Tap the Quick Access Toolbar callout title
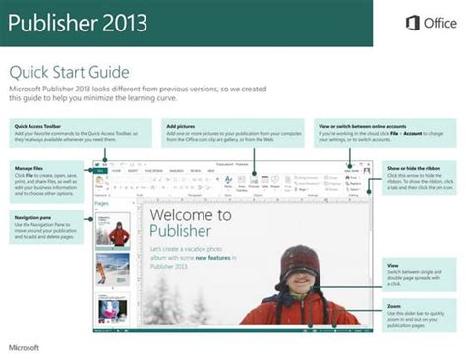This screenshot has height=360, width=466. pyautogui.click(x=36, y=127)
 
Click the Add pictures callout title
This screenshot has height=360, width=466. pyautogui.click(x=181, y=127)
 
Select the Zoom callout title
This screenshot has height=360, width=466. pyautogui.click(x=393, y=306)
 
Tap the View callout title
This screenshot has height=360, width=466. pyautogui.click(x=393, y=265)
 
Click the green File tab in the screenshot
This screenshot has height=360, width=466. pyautogui.click(x=101, y=171)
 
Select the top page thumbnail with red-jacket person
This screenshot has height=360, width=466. pyautogui.click(x=118, y=232)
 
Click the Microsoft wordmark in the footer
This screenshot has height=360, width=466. pyautogui.click(x=25, y=347)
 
